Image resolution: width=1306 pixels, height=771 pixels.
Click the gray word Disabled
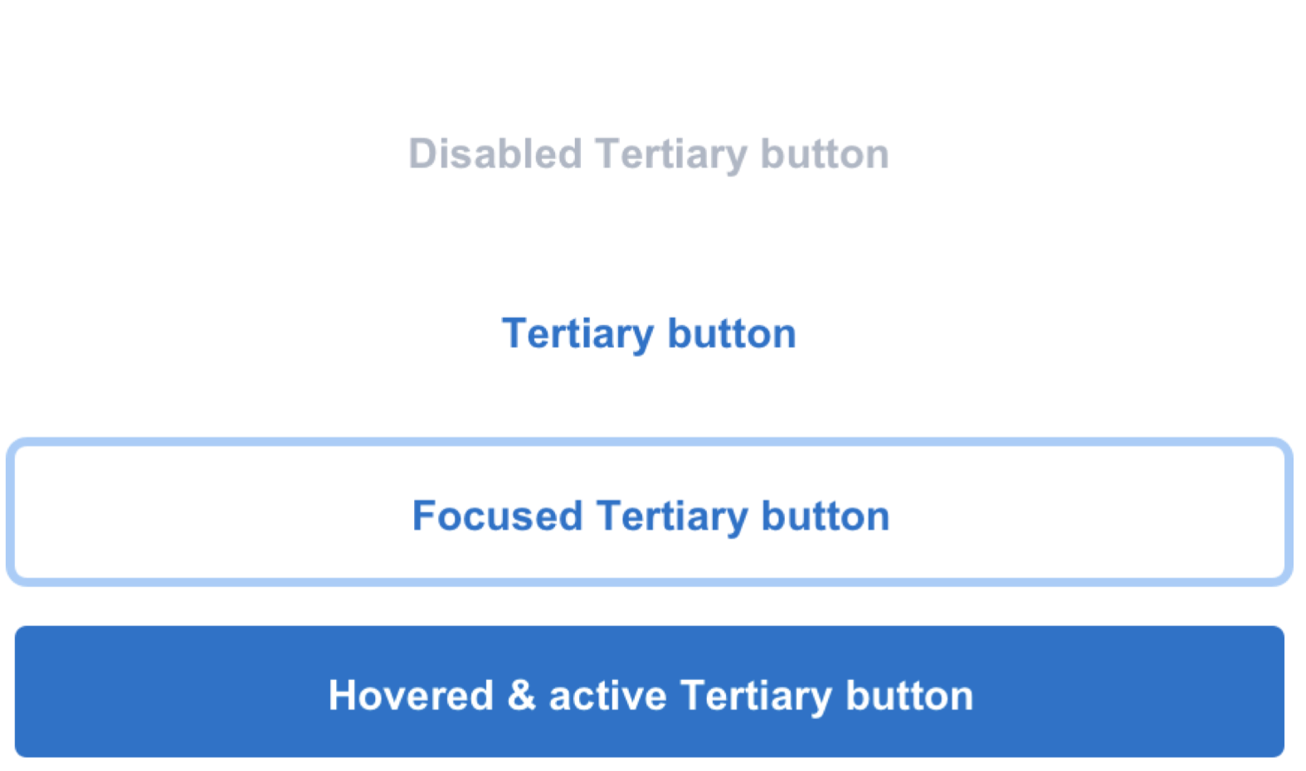495,153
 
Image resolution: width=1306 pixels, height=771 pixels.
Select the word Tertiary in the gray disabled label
671,156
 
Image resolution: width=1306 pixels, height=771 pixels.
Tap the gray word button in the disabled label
825,153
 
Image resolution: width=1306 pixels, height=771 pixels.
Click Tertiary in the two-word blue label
577,336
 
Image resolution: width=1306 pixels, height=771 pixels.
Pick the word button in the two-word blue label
732,333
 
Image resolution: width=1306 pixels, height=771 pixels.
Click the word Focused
497,516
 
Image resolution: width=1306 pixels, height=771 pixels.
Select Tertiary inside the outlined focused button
671,517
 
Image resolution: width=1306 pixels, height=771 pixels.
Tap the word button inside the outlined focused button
826,516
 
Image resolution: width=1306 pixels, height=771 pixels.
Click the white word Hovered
411,696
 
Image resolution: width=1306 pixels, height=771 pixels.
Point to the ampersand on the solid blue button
521,696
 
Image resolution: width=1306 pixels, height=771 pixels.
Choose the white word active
607,696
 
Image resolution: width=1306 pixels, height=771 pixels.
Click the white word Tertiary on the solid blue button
756,697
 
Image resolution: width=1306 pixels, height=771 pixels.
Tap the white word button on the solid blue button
909,696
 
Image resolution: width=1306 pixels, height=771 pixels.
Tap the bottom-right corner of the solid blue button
1284,756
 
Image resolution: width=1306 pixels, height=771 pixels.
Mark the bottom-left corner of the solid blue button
16,756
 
